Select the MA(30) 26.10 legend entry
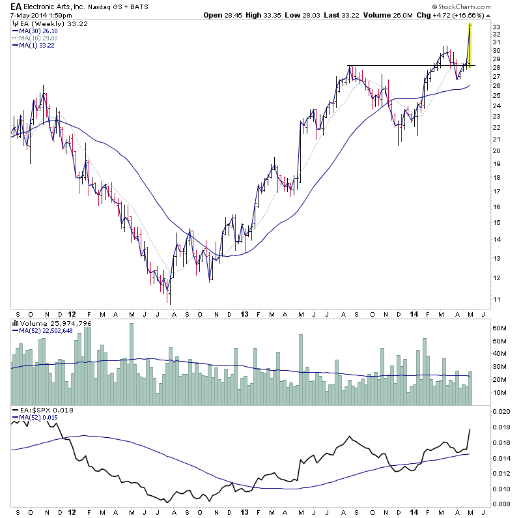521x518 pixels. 41,31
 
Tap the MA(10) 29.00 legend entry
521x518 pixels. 41,38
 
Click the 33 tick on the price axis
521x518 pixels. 478,27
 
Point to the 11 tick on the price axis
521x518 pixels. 478,299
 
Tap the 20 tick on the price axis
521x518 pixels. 478,151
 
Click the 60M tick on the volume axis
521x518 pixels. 481,328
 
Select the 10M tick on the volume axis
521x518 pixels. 481,393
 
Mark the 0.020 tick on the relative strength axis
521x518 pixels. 483,412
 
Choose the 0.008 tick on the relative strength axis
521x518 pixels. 483,503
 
